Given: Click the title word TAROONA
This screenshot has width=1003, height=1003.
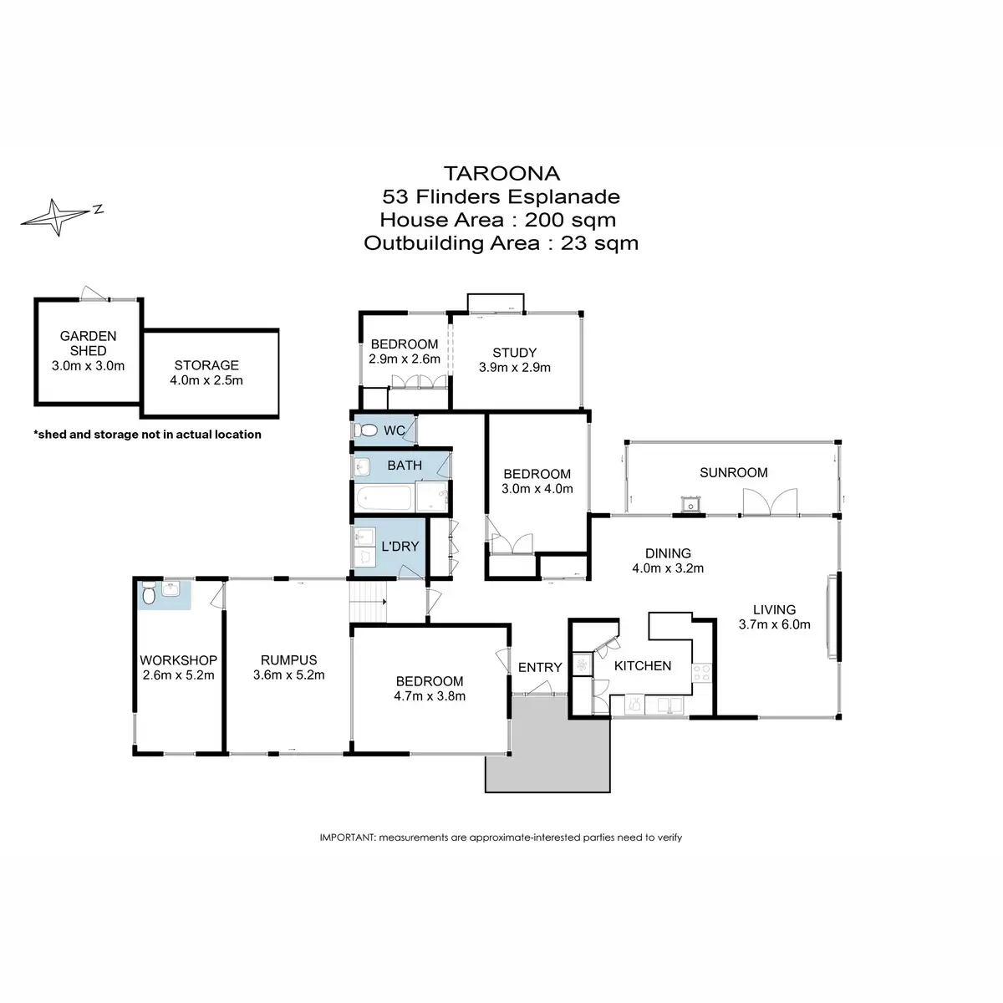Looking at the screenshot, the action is point(501,173).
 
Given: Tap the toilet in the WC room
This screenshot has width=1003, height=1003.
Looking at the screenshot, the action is point(366,430).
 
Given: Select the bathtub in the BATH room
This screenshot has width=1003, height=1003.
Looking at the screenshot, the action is point(384,498).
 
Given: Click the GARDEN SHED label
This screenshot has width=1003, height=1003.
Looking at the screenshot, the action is point(88,344).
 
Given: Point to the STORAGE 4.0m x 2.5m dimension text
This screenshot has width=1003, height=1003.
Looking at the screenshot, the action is point(206,380).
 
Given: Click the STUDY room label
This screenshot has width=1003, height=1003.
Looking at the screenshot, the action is point(514,353).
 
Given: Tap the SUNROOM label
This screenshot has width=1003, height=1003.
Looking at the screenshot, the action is point(733,472).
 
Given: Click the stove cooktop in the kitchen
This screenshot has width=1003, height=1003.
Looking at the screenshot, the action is point(701,673).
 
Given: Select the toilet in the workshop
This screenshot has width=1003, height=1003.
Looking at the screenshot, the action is point(149,593).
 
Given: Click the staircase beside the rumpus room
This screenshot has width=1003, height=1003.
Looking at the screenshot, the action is point(368,602).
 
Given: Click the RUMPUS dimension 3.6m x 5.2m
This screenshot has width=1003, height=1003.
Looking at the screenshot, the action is point(289,675).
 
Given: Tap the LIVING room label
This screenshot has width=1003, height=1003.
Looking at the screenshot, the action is point(775,609).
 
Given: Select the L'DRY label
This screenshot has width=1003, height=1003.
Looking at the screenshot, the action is point(400,547).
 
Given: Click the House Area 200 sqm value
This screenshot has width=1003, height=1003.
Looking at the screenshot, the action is point(570,220).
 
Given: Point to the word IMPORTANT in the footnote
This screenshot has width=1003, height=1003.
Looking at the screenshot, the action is point(347,838).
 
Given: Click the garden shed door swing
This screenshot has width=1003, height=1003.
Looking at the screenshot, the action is point(94,293).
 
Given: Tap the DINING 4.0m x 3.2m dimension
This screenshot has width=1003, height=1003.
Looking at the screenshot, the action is point(668,568).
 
